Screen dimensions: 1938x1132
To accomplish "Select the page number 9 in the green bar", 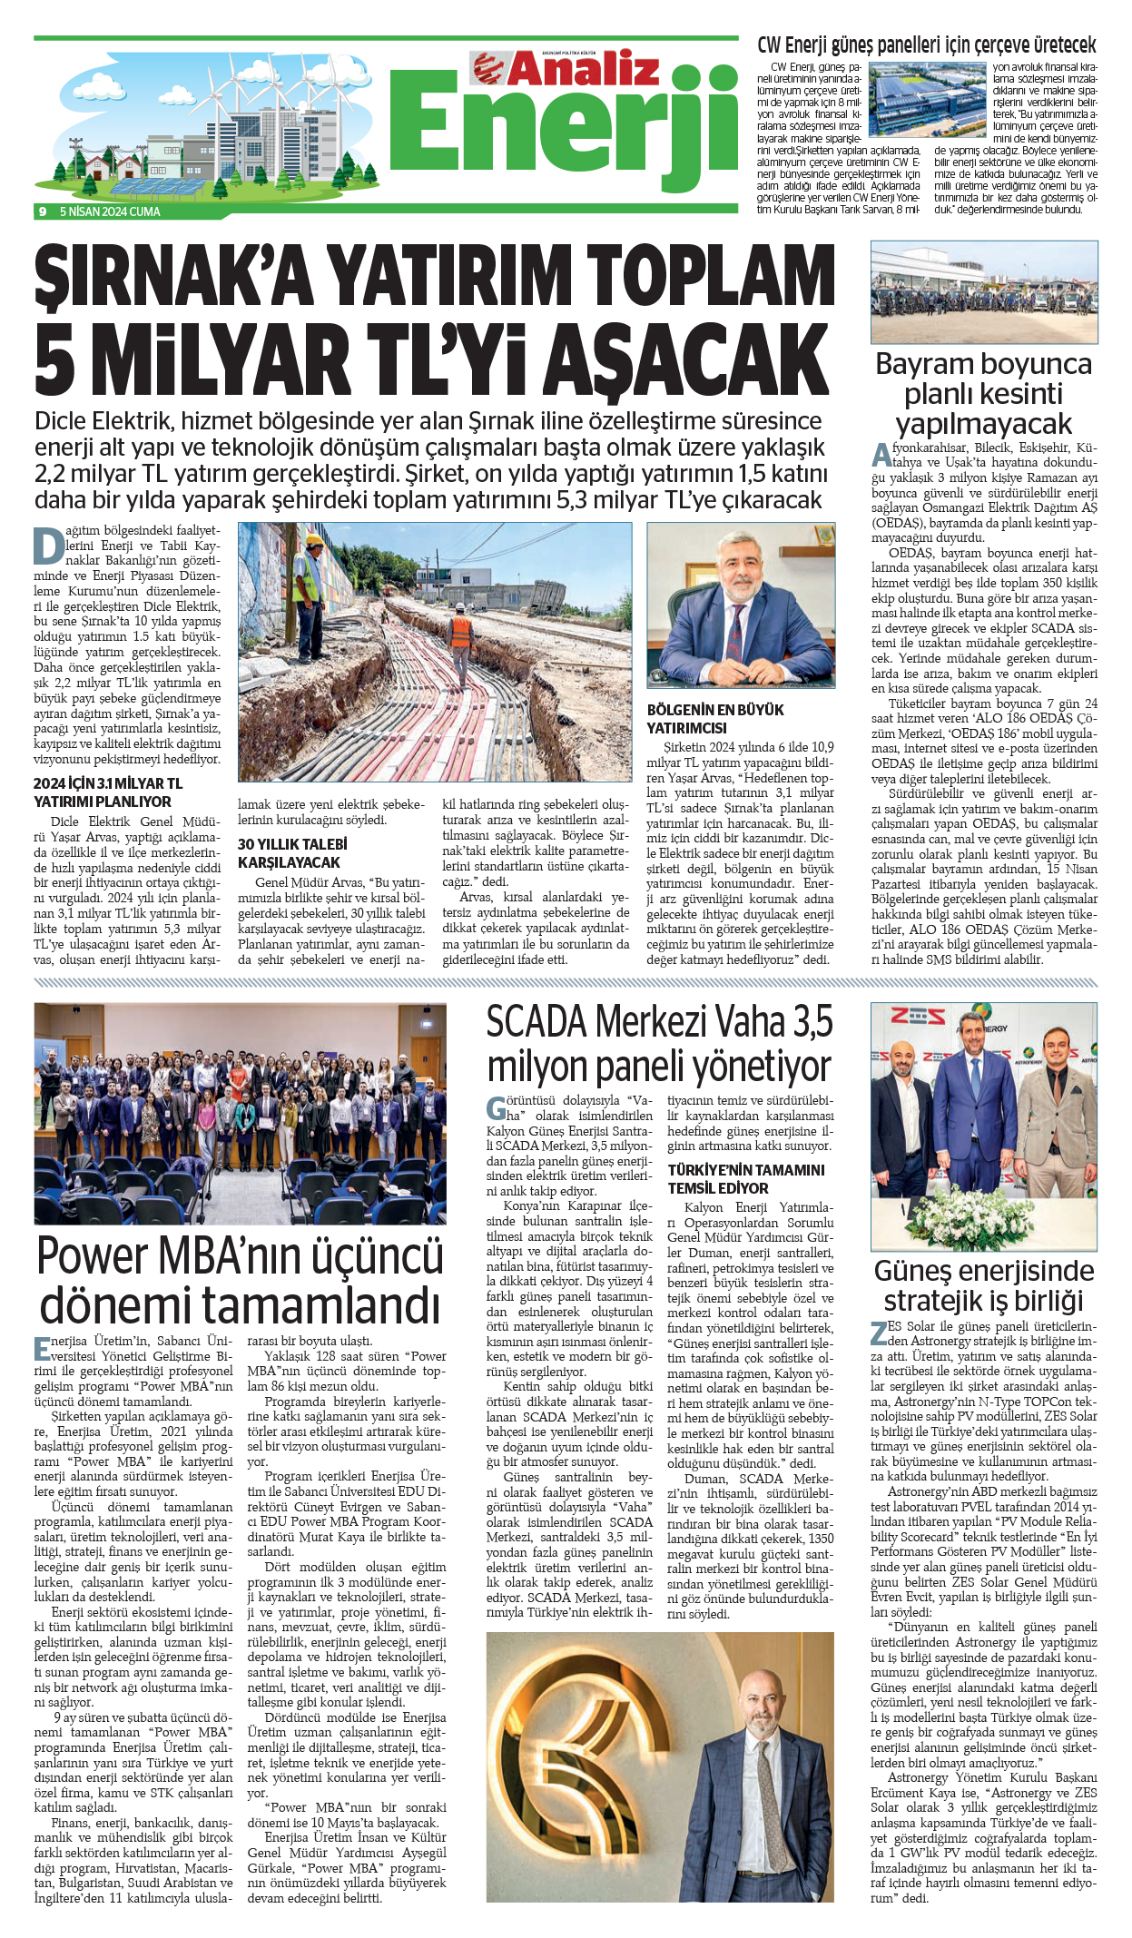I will tap(43, 212).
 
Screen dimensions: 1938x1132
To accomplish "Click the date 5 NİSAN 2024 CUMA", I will tap(110, 212).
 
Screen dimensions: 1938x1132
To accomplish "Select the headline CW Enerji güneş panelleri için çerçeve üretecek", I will tap(926, 45).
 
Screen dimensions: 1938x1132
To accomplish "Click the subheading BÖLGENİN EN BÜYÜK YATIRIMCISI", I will tap(714, 719).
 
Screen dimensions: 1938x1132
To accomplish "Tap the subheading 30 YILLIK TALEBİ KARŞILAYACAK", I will tap(292, 853).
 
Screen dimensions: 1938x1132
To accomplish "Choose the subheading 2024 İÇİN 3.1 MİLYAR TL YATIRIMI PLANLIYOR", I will tap(107, 792).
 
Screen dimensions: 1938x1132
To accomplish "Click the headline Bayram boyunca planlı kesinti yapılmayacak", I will tap(983, 393).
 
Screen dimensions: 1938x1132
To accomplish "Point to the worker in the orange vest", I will tap(461, 640).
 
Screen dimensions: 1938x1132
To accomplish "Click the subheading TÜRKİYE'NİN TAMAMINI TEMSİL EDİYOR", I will tap(746, 1179).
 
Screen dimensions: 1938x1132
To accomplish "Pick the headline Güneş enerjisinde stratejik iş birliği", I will tap(983, 1285).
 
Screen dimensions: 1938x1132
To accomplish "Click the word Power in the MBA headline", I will tap(94, 1257).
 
